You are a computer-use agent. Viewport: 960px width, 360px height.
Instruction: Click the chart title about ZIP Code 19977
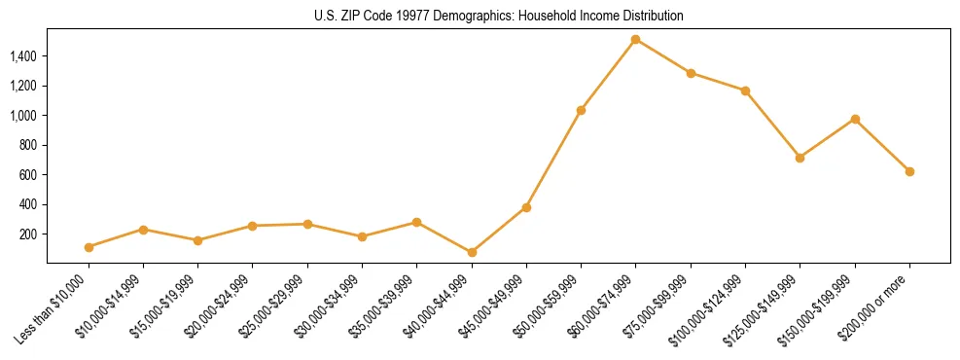click(x=499, y=16)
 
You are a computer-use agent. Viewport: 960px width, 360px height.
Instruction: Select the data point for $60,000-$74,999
click(x=635, y=40)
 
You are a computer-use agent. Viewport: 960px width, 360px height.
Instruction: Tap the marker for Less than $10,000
click(x=89, y=247)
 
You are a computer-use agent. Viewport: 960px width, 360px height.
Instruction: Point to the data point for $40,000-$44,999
click(x=472, y=252)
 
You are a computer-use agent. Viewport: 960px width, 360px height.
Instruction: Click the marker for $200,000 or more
click(x=909, y=171)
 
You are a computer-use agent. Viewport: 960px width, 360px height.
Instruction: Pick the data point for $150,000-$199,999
click(x=855, y=119)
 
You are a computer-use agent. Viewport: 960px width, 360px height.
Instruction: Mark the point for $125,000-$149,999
click(x=800, y=158)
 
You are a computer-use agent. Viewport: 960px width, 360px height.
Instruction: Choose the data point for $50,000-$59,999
click(x=581, y=110)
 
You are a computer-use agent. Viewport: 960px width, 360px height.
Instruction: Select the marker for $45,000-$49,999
click(x=526, y=207)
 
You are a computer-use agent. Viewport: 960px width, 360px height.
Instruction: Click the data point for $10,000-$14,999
click(x=143, y=230)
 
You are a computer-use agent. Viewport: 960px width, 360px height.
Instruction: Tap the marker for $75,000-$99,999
click(x=691, y=73)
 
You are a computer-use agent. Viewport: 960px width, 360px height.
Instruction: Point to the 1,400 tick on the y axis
click(x=24, y=56)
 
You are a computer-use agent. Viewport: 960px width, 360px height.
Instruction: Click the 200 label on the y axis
click(x=28, y=234)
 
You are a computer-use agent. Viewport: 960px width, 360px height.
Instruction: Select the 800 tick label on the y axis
click(x=28, y=145)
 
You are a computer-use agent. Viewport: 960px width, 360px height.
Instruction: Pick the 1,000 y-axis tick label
click(x=24, y=116)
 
